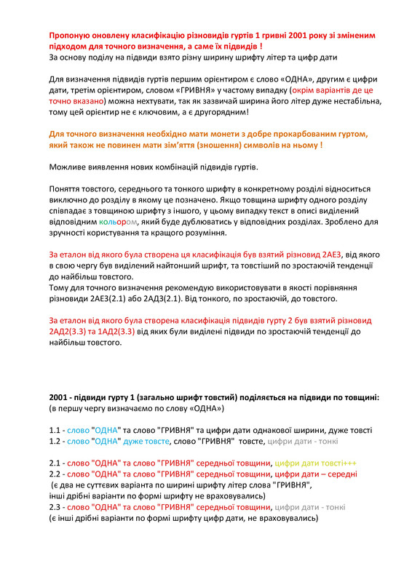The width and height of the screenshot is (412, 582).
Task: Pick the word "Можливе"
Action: [68, 168]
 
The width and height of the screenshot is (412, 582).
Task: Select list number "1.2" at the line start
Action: [55, 441]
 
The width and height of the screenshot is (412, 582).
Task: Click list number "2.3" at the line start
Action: [55, 507]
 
